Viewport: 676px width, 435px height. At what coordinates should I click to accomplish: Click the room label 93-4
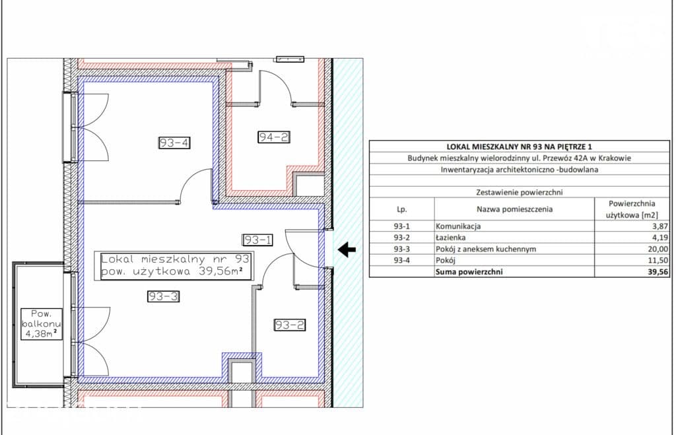click(x=174, y=143)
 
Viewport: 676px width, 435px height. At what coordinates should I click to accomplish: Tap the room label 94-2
click(x=274, y=137)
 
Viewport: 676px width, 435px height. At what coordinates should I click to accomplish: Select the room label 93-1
click(x=257, y=240)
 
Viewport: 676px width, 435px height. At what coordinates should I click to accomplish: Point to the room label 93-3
click(x=163, y=296)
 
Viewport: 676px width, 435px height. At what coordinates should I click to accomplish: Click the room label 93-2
click(x=290, y=325)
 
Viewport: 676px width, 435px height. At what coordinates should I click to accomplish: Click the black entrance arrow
click(x=347, y=250)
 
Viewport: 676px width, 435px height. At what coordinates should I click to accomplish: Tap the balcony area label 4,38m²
click(x=40, y=333)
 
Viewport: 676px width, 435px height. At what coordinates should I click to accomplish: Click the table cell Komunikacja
click(x=458, y=226)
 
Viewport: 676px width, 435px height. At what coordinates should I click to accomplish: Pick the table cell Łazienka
click(x=450, y=238)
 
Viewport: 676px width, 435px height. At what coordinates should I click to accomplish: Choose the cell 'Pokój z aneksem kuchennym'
click(x=486, y=249)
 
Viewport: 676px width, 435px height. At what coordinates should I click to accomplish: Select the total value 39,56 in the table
click(x=658, y=271)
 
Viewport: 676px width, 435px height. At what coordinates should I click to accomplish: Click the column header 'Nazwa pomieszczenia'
click(x=514, y=209)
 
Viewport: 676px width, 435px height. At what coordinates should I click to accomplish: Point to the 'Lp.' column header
click(x=402, y=209)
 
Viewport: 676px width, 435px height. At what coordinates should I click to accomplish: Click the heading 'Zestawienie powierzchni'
click(x=520, y=192)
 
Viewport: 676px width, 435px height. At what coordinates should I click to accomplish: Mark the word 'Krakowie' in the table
click(x=615, y=158)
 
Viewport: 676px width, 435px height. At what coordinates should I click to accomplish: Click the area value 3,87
click(x=660, y=226)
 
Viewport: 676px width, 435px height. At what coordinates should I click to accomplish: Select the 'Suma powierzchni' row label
click(x=469, y=271)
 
